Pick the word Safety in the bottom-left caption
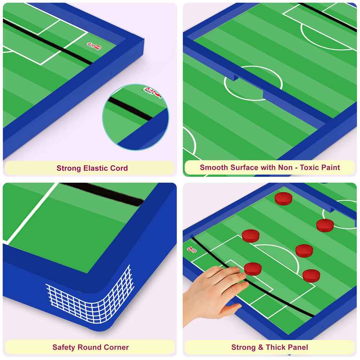point(64,347)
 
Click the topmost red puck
point(283,198)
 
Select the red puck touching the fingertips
point(253,268)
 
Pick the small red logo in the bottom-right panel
point(191,249)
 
